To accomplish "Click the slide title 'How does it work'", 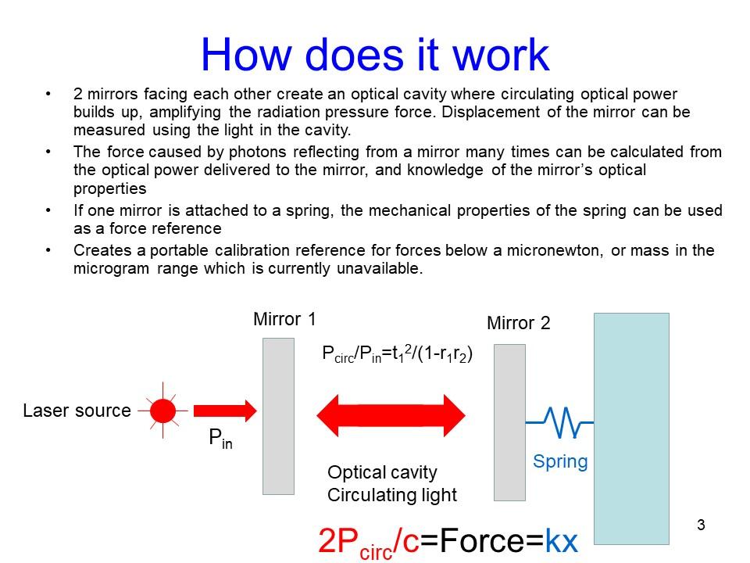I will click(x=375, y=55).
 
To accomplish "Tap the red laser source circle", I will click(x=163, y=410).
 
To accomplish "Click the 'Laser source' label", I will click(x=77, y=411).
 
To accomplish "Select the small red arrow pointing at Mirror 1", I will click(x=225, y=410).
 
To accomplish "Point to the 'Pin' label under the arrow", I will click(x=220, y=440).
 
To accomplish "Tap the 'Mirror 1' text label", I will click(x=285, y=319).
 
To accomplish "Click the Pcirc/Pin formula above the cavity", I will click(x=398, y=354).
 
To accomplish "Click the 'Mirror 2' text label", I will click(x=519, y=323).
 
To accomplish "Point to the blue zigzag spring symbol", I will click(x=559, y=421).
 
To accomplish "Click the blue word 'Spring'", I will click(x=559, y=461).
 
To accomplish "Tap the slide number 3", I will click(x=700, y=525).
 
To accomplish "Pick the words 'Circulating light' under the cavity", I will click(x=391, y=495).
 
